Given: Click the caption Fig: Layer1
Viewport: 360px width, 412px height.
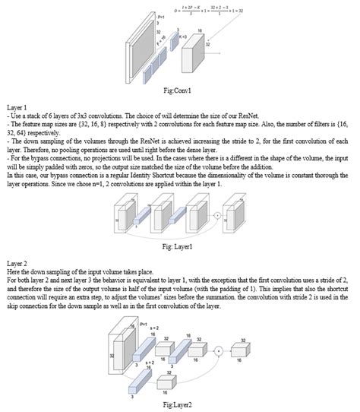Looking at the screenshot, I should tap(179, 246).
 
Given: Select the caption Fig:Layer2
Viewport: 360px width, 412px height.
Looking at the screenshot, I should tap(179, 405).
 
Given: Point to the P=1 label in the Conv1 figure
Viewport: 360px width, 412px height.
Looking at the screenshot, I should tap(160, 16).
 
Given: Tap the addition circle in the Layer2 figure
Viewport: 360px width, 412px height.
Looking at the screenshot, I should tap(219, 351).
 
